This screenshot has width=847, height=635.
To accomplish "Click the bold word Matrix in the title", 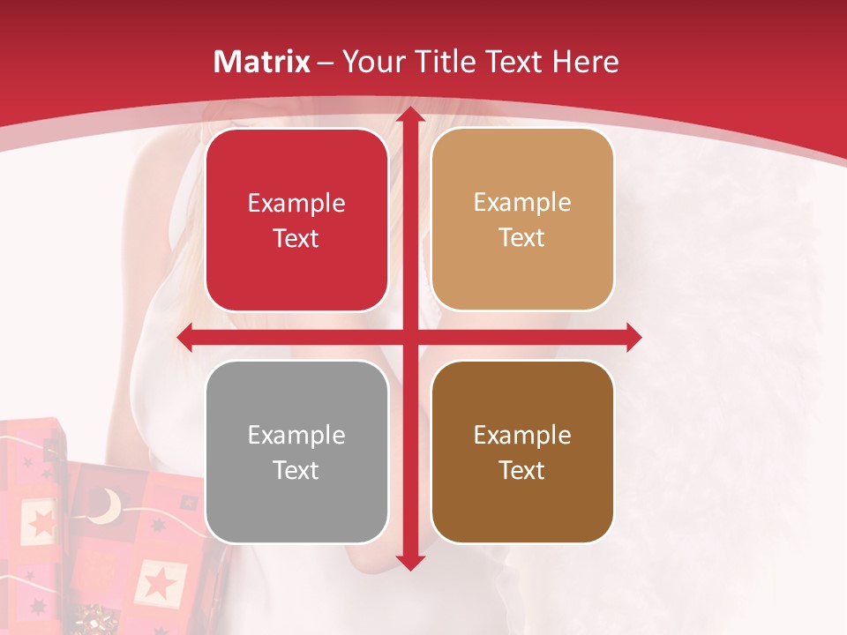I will click(262, 62).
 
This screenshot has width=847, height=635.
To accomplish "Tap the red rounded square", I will click(296, 220).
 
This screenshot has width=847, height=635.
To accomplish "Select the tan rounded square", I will click(522, 220).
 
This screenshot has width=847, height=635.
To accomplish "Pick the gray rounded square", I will click(296, 452).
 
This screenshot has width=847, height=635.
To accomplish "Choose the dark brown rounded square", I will click(522, 452).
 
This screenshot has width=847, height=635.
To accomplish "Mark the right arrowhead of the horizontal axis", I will click(633, 337).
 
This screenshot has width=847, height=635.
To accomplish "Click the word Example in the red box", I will click(296, 204).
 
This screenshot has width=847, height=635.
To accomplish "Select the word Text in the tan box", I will click(522, 238).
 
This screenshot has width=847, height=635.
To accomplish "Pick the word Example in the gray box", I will click(296, 435).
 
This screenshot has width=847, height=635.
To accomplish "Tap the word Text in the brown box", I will click(522, 470).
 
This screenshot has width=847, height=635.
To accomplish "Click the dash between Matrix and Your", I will click(326, 63).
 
